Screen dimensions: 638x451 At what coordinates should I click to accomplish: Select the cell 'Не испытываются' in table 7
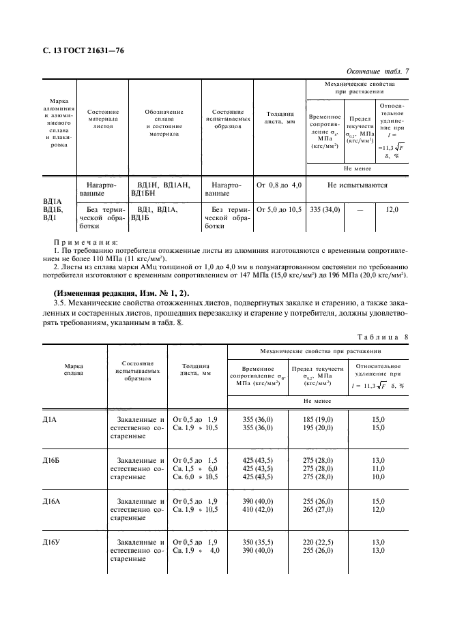pyautogui.click(x=358, y=185)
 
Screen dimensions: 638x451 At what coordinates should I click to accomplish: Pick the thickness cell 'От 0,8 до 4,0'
pyautogui.click(x=279, y=185)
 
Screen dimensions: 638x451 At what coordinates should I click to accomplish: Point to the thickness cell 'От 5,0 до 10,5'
pyautogui.click(x=279, y=209)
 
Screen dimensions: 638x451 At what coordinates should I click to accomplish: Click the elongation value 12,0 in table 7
pyautogui.click(x=392, y=209)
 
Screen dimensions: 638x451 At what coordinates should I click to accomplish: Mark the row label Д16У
pyautogui.click(x=52, y=543)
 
